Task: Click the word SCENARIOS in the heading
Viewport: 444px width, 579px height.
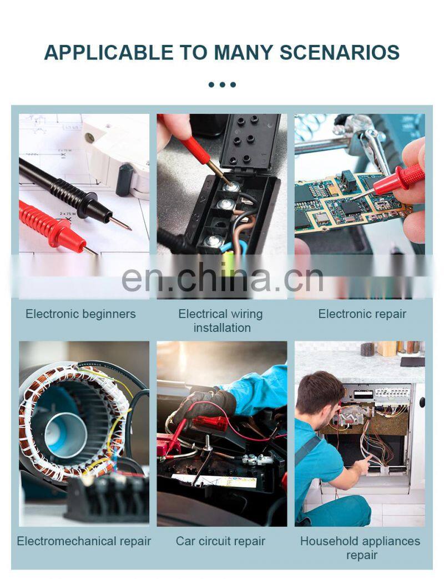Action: (x=340, y=52)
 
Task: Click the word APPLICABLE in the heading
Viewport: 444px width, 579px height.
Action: (x=109, y=52)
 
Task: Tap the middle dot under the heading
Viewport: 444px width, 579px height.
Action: (x=222, y=84)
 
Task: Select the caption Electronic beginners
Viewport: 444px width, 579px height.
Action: (x=80, y=314)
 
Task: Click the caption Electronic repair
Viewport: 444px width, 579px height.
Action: (x=362, y=314)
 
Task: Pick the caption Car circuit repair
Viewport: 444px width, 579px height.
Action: (x=220, y=541)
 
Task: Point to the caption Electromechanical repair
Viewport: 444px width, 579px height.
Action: (x=84, y=541)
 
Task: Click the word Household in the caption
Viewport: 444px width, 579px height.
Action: (x=323, y=541)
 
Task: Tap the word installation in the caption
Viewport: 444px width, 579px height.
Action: (x=222, y=328)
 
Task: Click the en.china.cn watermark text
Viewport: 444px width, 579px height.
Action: (x=222, y=278)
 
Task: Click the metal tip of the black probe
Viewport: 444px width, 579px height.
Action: (x=120, y=223)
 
